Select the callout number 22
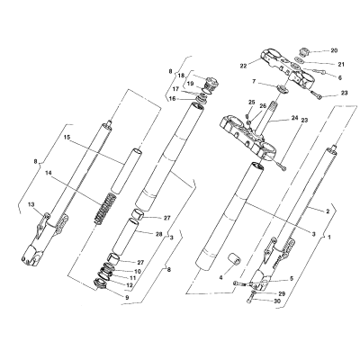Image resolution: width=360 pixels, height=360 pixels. (x=243, y=66)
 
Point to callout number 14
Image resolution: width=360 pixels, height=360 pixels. (x=49, y=173)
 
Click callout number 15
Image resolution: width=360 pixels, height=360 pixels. (x=67, y=137)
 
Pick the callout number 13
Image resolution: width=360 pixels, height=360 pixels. (x=31, y=204)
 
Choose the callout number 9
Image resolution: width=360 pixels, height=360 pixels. (x=127, y=298)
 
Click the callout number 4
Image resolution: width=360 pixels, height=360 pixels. (x=220, y=278)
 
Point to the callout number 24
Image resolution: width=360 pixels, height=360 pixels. (x=295, y=118)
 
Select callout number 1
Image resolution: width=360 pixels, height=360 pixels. (x=329, y=237)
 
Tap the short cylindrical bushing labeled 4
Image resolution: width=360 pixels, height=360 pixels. (x=234, y=260)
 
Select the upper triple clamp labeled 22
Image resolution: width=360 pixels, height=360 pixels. (x=287, y=67)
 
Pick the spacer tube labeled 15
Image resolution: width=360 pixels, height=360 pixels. (x=127, y=170)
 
